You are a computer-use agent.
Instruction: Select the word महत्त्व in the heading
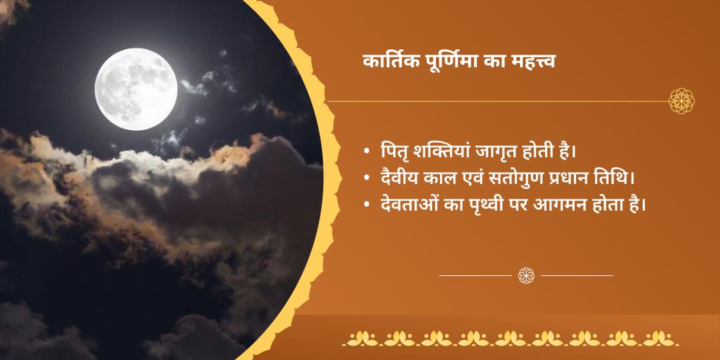pos(532,61)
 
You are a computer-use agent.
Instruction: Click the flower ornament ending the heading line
pos(681,101)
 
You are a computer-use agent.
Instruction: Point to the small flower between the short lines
pos(526,274)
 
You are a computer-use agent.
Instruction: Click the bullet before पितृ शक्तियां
pos(367,152)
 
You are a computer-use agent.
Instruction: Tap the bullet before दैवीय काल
pos(367,179)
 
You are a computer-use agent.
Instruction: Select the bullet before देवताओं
pos(367,205)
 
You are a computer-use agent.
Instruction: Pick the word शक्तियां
pos(433,151)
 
